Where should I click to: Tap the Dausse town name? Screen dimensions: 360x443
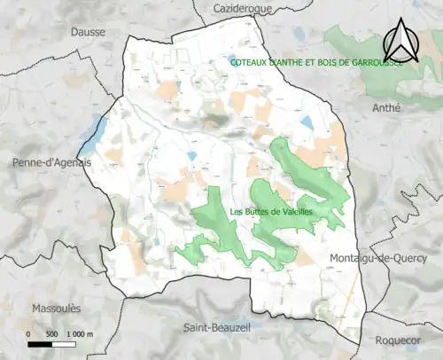[88, 31]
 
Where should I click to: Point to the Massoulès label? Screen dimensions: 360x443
[56, 308]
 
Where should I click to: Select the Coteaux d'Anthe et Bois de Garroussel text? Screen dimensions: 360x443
[316, 63]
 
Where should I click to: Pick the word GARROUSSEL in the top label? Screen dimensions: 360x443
[377, 63]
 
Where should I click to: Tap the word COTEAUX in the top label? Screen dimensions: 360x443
[248, 63]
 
